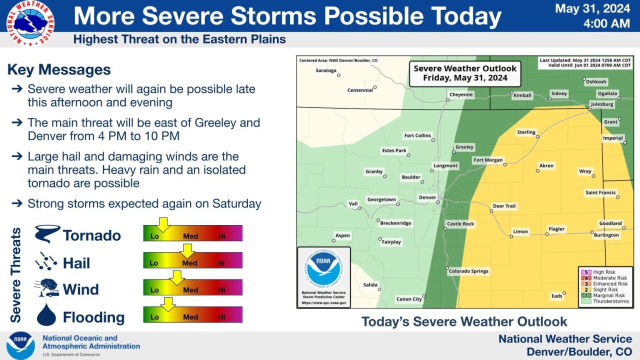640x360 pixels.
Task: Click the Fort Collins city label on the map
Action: [x=417, y=135]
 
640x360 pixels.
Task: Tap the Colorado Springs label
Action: [x=468, y=271]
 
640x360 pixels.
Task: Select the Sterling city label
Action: [x=525, y=132]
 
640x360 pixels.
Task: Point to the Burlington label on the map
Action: [x=606, y=235]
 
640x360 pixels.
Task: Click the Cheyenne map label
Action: [x=460, y=94]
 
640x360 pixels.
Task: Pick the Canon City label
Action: [x=409, y=299]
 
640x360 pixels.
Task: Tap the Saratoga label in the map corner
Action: [x=326, y=70]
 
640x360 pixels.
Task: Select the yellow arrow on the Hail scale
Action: [x=187, y=250]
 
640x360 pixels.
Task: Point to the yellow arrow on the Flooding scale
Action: [x=168, y=303]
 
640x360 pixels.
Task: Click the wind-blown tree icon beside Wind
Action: [x=46, y=288]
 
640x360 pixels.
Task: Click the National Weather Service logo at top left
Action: [x=30, y=23]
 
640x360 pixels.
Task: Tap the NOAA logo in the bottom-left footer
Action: [x=20, y=345]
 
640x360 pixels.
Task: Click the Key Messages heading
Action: [x=59, y=69]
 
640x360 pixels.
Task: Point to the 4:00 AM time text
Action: [x=607, y=23]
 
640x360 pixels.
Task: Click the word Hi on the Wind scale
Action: [x=221, y=290]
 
